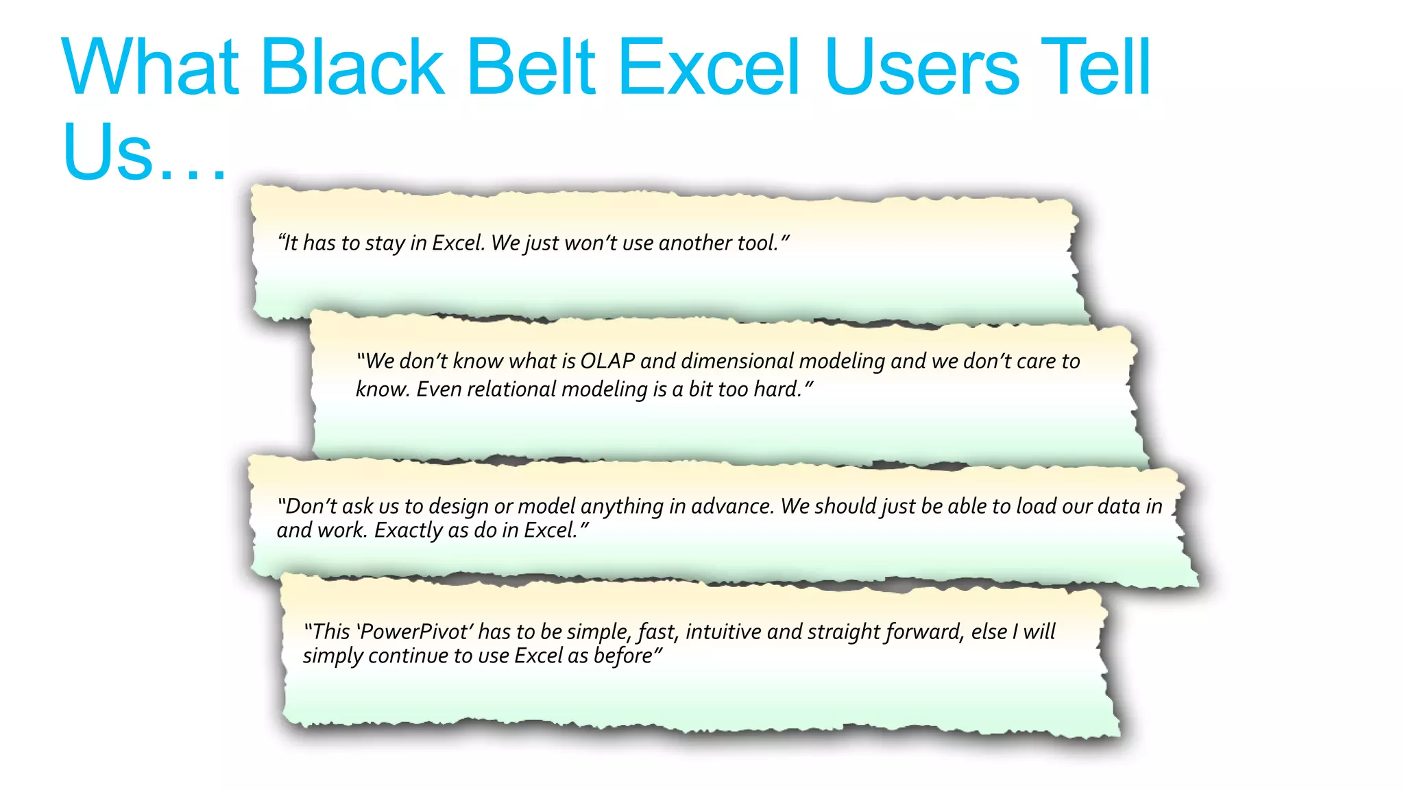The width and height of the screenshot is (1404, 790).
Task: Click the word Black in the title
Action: [x=352, y=67]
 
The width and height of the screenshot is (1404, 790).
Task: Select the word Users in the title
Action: [x=923, y=67]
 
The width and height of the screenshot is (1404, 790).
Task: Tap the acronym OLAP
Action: [x=607, y=361]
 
